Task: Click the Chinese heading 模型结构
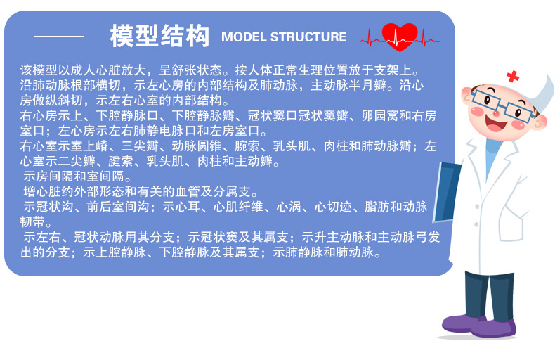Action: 159,36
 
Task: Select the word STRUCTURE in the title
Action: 308,37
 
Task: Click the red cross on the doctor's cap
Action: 513,75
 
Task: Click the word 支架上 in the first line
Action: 403,71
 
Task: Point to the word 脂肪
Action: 377,207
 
